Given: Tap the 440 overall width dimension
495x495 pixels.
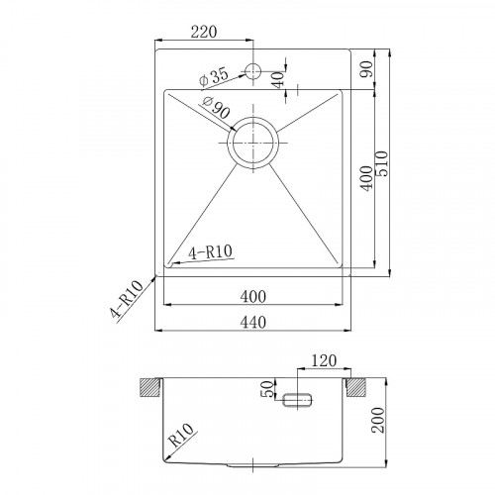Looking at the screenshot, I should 254,322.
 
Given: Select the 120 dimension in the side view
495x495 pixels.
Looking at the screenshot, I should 323,361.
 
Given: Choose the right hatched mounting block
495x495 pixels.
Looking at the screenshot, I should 359,384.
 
